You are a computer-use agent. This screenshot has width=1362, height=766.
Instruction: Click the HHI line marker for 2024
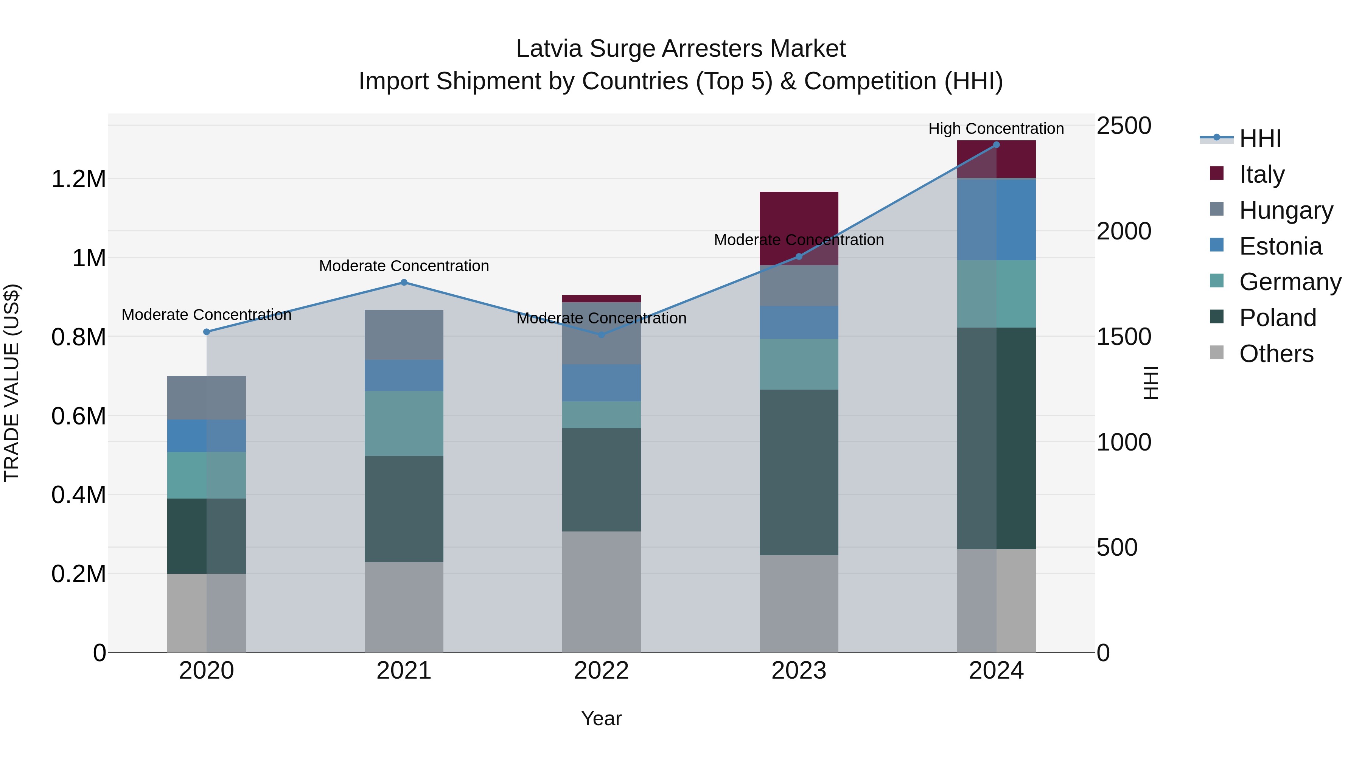click(996, 144)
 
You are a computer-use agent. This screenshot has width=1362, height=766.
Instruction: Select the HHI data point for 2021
click(404, 282)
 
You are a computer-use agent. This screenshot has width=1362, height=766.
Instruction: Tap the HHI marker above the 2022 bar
click(601, 335)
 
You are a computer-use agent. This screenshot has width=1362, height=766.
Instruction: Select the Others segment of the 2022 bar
click(601, 592)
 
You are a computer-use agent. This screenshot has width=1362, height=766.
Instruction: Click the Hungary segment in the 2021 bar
click(404, 335)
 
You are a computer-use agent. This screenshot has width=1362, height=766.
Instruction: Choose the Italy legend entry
click(1261, 174)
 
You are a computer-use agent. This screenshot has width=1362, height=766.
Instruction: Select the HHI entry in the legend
click(1259, 138)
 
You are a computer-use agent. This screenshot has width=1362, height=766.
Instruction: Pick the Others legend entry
click(1276, 354)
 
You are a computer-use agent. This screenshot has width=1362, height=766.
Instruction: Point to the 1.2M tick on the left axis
click(78, 179)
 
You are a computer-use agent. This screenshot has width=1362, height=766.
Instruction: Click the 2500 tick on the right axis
click(1124, 126)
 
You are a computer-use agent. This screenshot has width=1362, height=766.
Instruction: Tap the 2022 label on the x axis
click(601, 671)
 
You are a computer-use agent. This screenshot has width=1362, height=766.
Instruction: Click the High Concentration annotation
click(996, 129)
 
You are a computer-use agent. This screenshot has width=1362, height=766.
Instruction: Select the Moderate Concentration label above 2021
click(404, 266)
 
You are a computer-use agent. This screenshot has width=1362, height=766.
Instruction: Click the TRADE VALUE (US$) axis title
click(12, 383)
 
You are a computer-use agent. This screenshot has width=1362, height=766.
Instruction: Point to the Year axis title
click(601, 718)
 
